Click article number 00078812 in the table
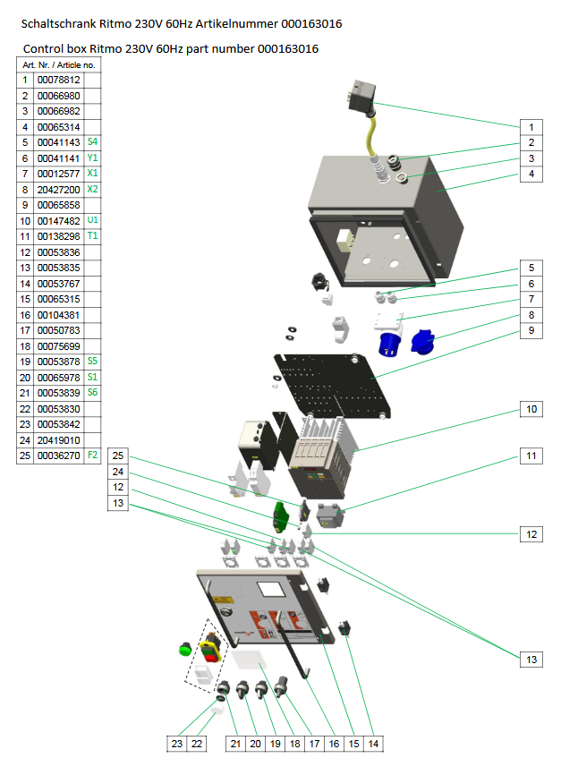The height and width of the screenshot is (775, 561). pyautogui.click(x=58, y=81)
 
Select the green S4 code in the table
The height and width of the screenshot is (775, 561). pyautogui.click(x=92, y=142)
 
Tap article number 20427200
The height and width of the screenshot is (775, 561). pyautogui.click(x=58, y=190)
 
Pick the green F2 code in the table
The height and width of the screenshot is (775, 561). pyautogui.click(x=92, y=456)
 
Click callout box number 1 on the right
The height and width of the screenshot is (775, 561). pyautogui.click(x=531, y=127)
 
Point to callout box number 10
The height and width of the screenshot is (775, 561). pyautogui.click(x=531, y=409)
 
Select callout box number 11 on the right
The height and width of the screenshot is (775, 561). pyautogui.click(x=531, y=456)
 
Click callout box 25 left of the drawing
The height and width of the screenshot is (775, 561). pyautogui.click(x=117, y=456)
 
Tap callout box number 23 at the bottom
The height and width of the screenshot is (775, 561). pyautogui.click(x=178, y=743)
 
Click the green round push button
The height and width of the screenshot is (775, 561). pyautogui.click(x=186, y=647)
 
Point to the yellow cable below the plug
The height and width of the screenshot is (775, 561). pyautogui.click(x=368, y=139)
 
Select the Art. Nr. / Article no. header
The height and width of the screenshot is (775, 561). pyautogui.click(x=60, y=65)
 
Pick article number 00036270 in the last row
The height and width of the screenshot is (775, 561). pyautogui.click(x=58, y=456)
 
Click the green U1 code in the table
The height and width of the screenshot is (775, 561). pyautogui.click(x=92, y=220)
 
